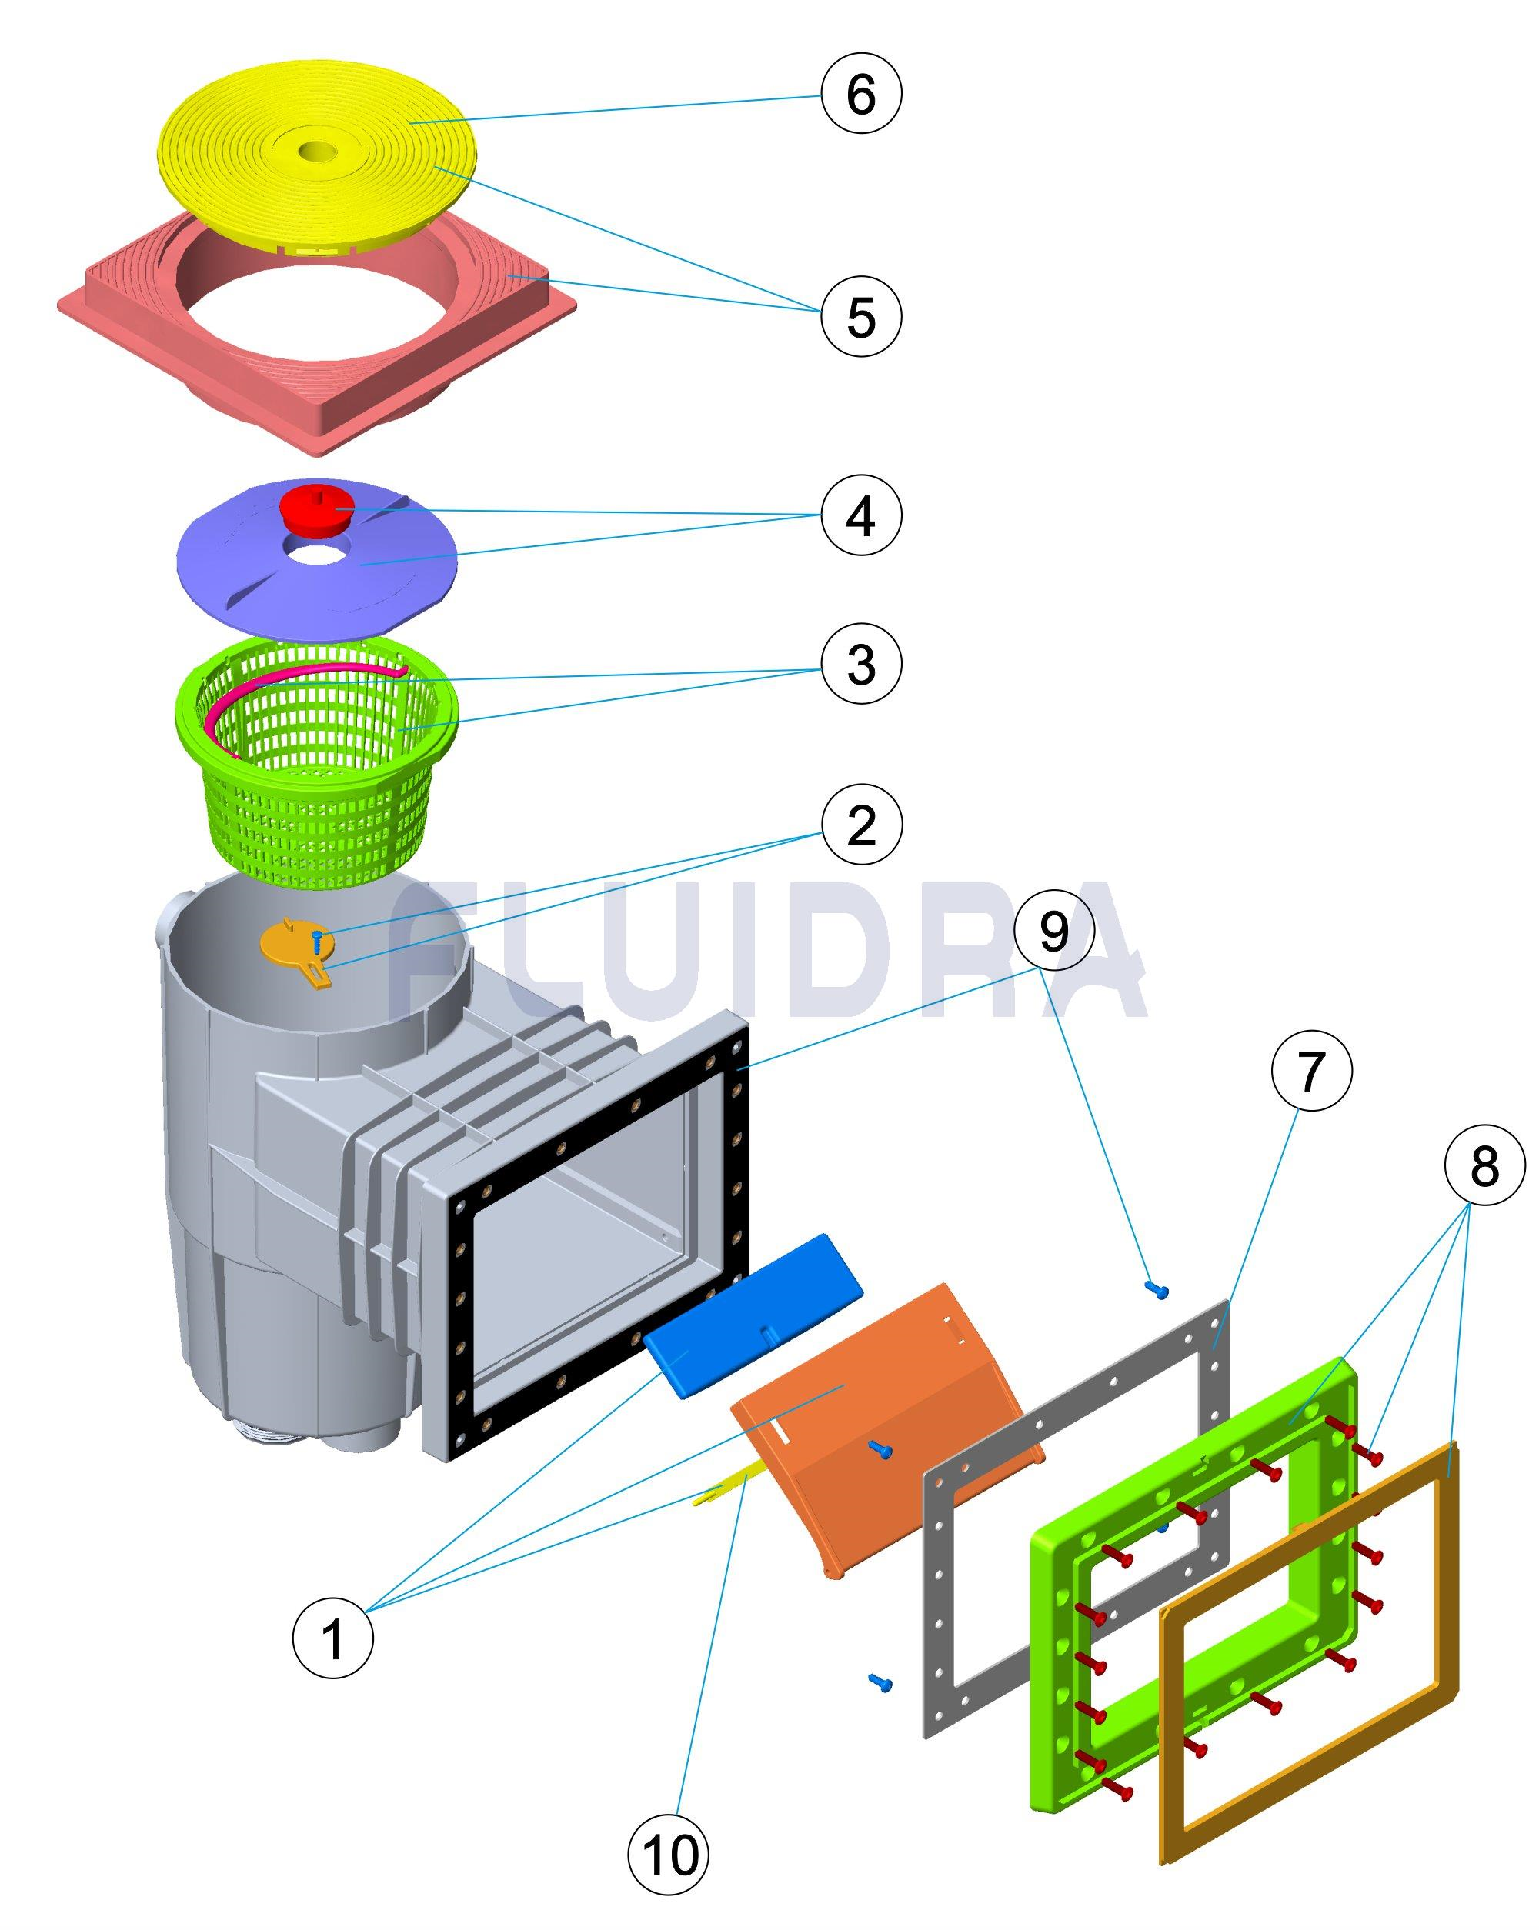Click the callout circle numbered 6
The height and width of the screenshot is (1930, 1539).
pyautogui.click(x=860, y=93)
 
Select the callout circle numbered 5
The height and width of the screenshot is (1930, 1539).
pyautogui.click(x=860, y=315)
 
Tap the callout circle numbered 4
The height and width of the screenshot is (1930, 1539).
pyautogui.click(x=860, y=515)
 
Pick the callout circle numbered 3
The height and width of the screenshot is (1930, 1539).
pyautogui.click(x=860, y=664)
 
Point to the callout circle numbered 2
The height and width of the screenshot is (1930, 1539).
pyautogui.click(x=860, y=825)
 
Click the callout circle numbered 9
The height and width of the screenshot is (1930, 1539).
pyautogui.click(x=1053, y=931)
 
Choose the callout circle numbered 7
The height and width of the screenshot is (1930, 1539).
pyautogui.click(x=1310, y=1071)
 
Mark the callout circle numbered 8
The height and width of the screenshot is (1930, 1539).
pyautogui.click(x=1484, y=1166)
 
